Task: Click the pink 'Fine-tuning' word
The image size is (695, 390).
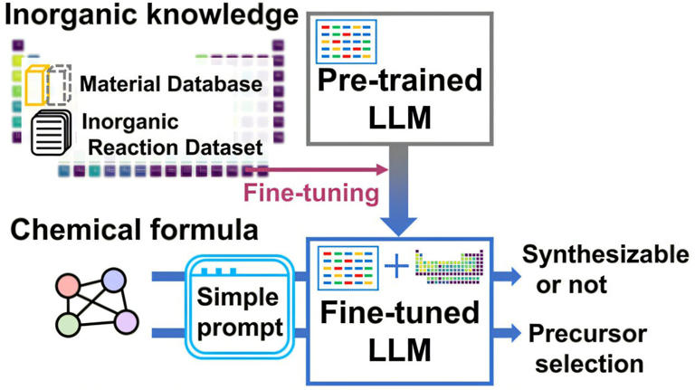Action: tap(309, 192)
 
